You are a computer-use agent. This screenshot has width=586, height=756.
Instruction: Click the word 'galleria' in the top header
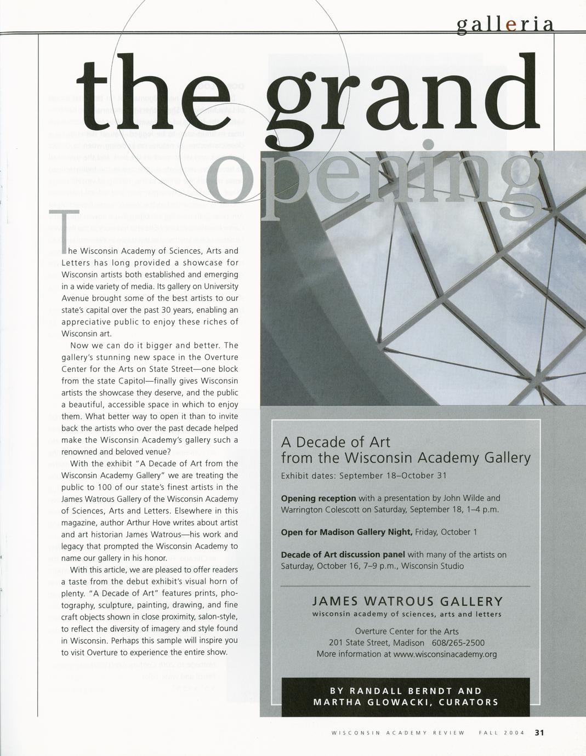[x=504, y=25]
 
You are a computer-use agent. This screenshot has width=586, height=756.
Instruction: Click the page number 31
[x=539, y=732]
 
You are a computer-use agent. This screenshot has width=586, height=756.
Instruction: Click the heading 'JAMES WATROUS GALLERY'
[x=407, y=602]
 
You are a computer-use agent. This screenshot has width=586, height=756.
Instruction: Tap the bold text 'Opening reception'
[x=318, y=499]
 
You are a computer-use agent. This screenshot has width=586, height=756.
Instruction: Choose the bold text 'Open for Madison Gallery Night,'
[x=346, y=532]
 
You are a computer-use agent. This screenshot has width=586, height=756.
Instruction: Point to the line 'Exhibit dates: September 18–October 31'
[x=363, y=476]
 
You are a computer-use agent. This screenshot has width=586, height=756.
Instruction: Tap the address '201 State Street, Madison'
[x=377, y=643]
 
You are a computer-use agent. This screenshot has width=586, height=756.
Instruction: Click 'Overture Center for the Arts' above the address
[x=407, y=631]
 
